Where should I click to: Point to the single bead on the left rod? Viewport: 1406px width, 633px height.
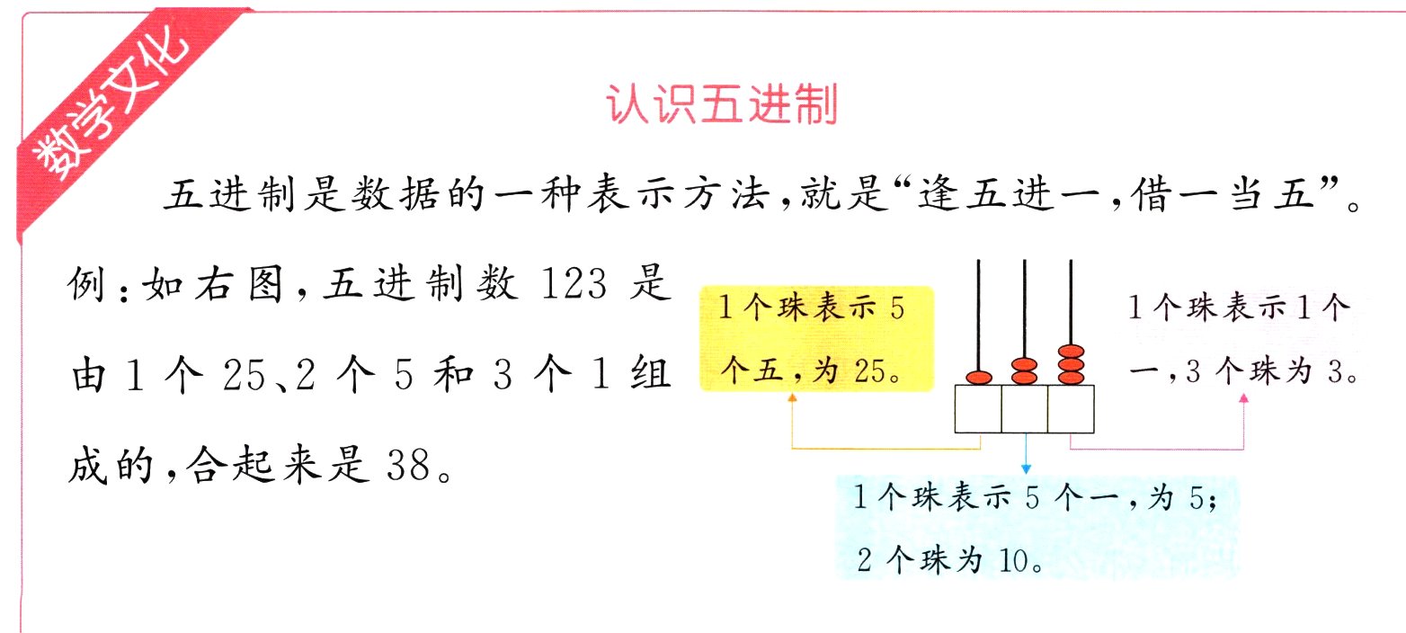tap(978, 378)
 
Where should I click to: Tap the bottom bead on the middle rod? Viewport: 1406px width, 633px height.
tap(1025, 379)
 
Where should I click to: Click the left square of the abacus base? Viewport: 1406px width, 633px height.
tap(978, 409)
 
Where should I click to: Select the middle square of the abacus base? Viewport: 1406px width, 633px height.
tap(1025, 409)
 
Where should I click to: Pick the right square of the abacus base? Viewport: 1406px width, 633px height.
tap(1072, 409)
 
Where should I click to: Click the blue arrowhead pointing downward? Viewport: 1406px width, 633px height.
tap(1025, 468)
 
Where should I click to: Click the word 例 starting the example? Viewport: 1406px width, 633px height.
tap(87, 288)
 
